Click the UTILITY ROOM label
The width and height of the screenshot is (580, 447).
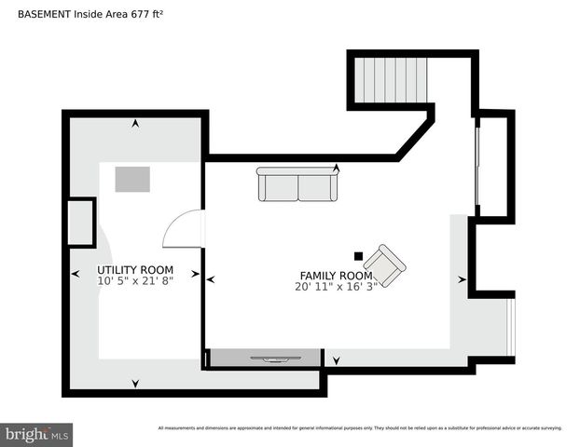(134, 270)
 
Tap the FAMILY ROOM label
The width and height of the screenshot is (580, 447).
(336, 276)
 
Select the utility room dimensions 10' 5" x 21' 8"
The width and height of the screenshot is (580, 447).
(134, 281)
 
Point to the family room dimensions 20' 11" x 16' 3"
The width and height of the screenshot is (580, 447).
(336, 287)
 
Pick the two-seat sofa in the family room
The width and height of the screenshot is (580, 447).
(298, 185)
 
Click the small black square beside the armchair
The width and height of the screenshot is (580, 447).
(358, 256)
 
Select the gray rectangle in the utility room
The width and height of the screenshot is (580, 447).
(132, 179)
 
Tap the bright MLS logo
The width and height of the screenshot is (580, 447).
(36, 434)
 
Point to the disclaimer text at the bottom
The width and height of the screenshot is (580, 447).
(360, 428)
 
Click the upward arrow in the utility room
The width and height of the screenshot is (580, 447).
(136, 123)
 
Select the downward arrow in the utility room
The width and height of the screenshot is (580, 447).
(136, 383)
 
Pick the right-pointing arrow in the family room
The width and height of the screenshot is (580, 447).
(462, 278)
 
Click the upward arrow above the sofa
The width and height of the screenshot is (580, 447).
(336, 169)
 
